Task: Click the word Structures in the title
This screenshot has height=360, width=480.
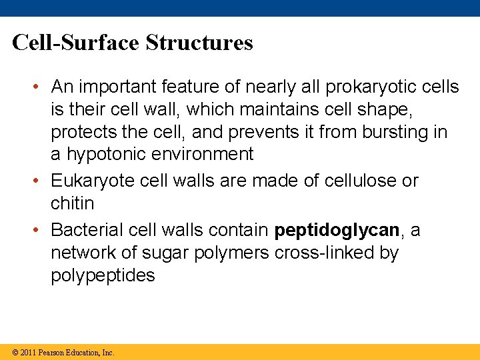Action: click(199, 43)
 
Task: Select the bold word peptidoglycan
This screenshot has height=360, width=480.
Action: click(337, 231)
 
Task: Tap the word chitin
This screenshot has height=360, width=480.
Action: click(72, 203)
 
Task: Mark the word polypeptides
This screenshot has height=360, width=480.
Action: click(103, 276)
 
